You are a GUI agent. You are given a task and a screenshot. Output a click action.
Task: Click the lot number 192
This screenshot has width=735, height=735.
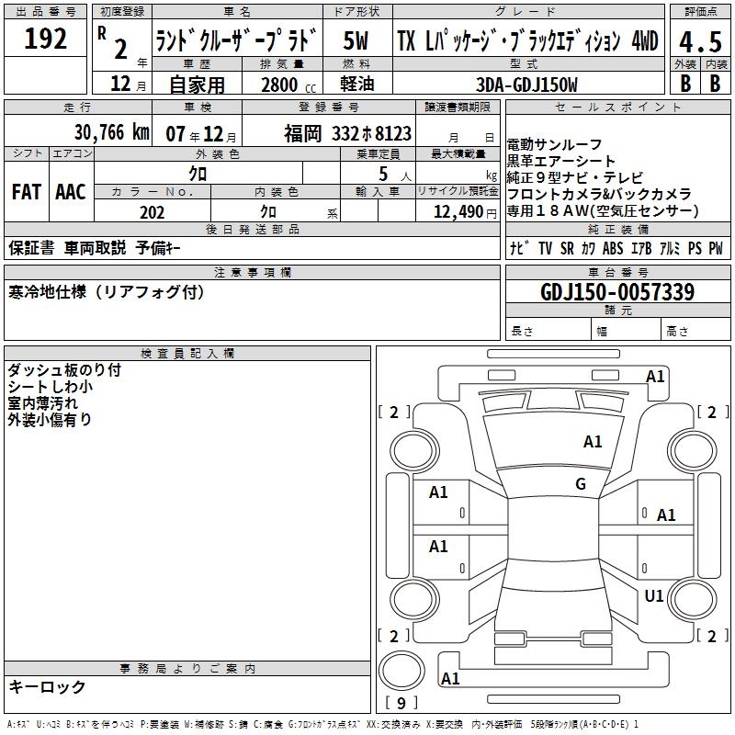[45, 39]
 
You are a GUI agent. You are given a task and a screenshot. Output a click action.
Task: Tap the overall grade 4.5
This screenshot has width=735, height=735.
[700, 42]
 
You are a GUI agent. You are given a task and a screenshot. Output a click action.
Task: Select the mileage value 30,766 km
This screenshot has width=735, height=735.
[112, 132]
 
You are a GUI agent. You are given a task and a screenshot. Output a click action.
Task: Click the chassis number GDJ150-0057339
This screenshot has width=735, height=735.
[617, 292]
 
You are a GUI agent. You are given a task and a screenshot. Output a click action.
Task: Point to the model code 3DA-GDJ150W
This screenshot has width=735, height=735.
[526, 85]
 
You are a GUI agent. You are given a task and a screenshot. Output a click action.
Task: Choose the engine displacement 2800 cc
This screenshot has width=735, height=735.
[288, 85]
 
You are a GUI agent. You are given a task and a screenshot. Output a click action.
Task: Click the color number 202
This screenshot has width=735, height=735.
[152, 212]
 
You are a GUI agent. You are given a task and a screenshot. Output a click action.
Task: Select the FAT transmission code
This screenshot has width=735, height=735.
[27, 192]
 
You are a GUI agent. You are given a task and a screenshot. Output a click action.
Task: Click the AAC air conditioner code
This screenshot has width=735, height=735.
[71, 192]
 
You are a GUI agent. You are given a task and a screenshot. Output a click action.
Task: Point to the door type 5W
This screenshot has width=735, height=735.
[356, 40]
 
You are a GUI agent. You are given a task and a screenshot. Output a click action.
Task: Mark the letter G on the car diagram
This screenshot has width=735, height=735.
[581, 484]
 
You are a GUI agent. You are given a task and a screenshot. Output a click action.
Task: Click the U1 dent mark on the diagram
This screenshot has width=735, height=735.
[654, 596]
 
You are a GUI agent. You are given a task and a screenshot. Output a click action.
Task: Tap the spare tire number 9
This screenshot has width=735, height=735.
[401, 703]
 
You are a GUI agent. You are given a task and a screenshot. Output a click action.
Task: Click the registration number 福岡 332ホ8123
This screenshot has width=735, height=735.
[347, 133]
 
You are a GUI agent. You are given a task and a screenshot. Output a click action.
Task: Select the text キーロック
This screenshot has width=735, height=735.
[47, 686]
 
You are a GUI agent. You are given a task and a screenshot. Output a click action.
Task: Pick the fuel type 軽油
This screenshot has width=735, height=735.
[357, 84]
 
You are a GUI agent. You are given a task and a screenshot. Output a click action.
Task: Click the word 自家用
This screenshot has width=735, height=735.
[197, 85]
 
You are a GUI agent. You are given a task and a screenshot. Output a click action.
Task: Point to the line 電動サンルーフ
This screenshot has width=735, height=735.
[554, 144]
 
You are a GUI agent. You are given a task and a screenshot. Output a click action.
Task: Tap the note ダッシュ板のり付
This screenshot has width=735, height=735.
[64, 370]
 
